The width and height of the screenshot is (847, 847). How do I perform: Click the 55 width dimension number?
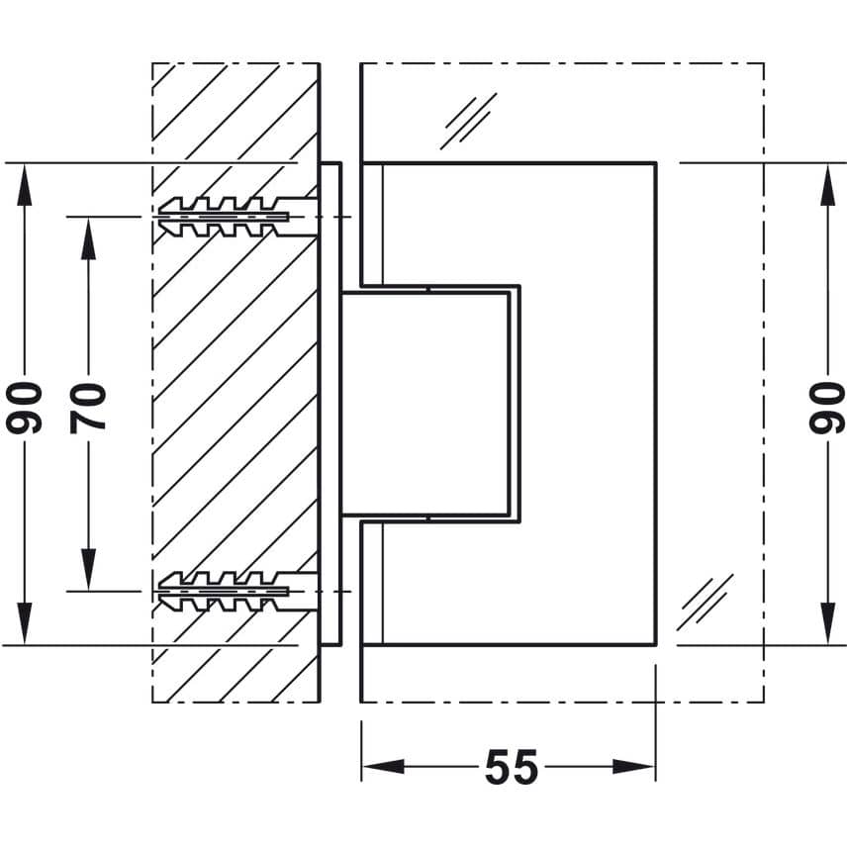[x=511, y=766]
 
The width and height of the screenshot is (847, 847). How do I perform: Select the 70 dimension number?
[x=87, y=409]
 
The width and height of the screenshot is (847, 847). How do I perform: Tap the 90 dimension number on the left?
[x=24, y=408]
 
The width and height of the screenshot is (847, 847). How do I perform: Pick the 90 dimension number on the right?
[x=827, y=408]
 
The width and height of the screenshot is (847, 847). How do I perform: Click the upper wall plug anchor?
[x=237, y=217]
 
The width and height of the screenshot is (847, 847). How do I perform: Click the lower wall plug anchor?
[x=237, y=592]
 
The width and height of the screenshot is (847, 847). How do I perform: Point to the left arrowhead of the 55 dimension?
[x=383, y=766]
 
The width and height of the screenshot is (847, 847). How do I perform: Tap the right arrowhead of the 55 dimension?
[x=633, y=766]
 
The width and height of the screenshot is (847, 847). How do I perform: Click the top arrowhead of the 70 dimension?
[x=88, y=238]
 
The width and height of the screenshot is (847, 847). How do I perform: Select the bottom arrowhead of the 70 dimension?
[x=88, y=570]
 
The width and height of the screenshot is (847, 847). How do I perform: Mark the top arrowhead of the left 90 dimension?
[x=25, y=185]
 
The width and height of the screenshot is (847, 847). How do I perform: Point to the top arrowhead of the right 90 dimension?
[x=827, y=185]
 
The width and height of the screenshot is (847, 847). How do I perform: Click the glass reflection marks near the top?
[x=468, y=121]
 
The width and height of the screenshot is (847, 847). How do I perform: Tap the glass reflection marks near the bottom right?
[x=705, y=602]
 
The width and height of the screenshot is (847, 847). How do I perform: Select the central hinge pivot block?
[x=426, y=403]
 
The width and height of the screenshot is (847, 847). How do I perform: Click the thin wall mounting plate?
[x=330, y=404]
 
